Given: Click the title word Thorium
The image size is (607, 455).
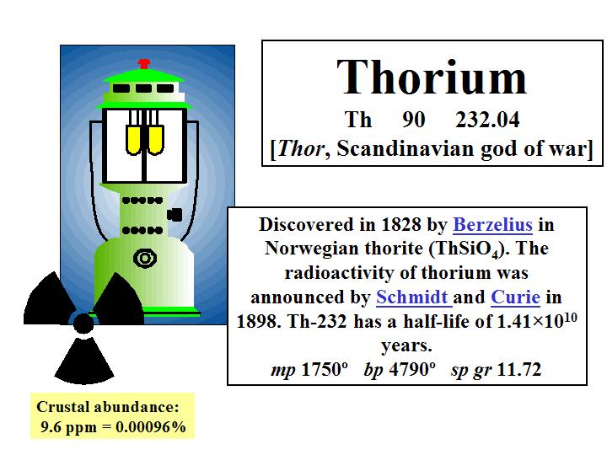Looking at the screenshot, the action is (432, 77).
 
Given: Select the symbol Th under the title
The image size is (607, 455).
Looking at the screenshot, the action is (358, 120).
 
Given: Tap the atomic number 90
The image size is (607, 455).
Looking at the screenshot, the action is (413, 120).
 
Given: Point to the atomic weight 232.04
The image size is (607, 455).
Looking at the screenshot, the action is (487, 120).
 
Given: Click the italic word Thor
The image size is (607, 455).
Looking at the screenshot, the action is (300, 148).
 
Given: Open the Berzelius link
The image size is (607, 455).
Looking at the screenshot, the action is (493, 224).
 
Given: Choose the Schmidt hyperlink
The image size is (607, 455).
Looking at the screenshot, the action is (412, 297).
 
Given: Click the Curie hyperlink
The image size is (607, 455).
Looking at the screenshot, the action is (515, 297).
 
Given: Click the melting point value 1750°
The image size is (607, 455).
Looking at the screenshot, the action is (325, 370).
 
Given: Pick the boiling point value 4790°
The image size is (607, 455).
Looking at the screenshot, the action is (412, 370).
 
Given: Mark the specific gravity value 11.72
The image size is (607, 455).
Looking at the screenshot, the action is (518, 370).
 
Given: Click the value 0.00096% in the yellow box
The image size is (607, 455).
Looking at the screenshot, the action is (151, 427).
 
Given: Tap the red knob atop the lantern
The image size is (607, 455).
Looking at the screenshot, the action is (144, 64).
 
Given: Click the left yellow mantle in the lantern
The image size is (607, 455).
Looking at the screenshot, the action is (133, 140).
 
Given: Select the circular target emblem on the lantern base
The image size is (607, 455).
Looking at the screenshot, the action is (145, 258).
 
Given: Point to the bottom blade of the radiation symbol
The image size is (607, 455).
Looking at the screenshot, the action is (84, 361).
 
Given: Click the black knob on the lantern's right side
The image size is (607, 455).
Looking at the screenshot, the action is (175, 215).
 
